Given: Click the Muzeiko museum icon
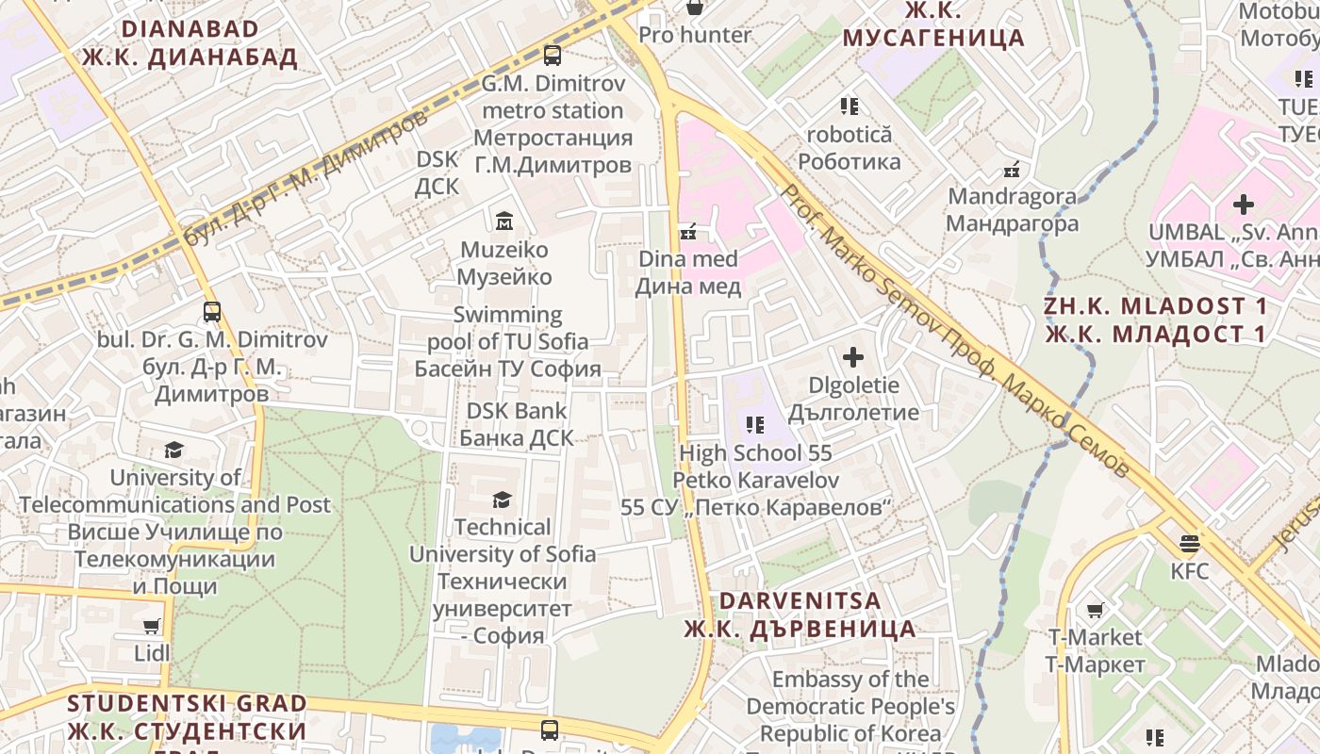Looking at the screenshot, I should [x=503, y=221].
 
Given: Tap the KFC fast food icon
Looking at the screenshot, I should [x=1189, y=543].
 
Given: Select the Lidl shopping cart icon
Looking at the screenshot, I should [x=151, y=625].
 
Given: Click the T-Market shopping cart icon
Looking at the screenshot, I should [x=1095, y=610].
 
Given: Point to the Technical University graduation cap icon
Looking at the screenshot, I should [x=502, y=500].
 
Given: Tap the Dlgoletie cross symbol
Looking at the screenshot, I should [x=853, y=357].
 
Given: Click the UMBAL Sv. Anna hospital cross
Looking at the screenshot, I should [x=1244, y=204].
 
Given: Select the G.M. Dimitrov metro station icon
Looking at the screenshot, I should [x=553, y=56].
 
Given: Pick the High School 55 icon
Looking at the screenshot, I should [x=754, y=425].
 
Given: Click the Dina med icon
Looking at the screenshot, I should [x=688, y=231].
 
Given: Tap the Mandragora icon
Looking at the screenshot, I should [x=1012, y=171].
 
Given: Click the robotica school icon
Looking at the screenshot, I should [x=849, y=107].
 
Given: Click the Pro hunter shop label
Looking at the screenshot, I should [x=695, y=35].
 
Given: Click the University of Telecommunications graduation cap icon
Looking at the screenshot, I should [x=173, y=450].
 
